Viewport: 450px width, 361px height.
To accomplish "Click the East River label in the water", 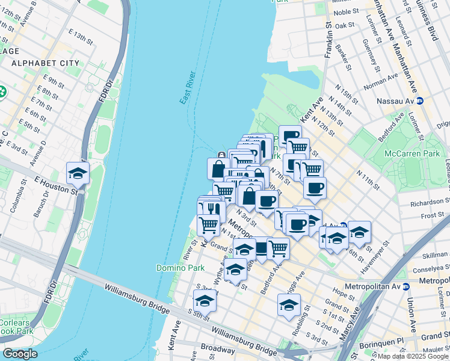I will click(x=188, y=88).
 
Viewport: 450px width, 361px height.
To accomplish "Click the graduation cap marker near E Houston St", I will click(x=78, y=174).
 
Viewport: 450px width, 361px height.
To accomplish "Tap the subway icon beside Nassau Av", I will click(x=421, y=100).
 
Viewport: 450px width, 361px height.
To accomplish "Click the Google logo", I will click(x=20, y=354).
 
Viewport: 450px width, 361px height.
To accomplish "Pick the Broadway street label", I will click(x=218, y=349).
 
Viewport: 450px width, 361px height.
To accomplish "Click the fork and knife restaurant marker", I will click(x=211, y=209).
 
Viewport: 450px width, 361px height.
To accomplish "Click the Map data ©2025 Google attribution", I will click(x=413, y=356).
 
